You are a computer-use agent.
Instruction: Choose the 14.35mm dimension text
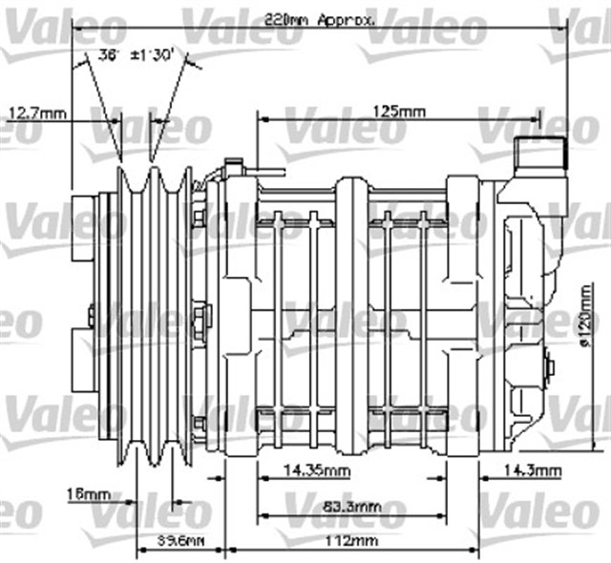tap(319, 470)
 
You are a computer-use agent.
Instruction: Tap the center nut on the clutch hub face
tap(89, 315)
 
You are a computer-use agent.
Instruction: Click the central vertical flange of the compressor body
tap(350, 315)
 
